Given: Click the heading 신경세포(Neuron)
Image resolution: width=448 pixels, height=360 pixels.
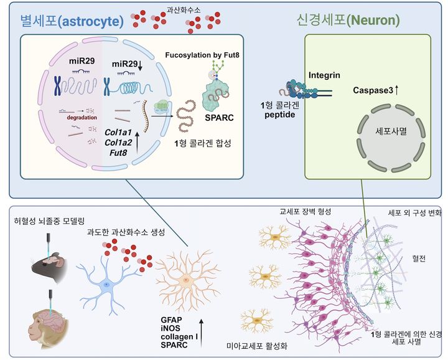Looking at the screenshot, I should (348, 20).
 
